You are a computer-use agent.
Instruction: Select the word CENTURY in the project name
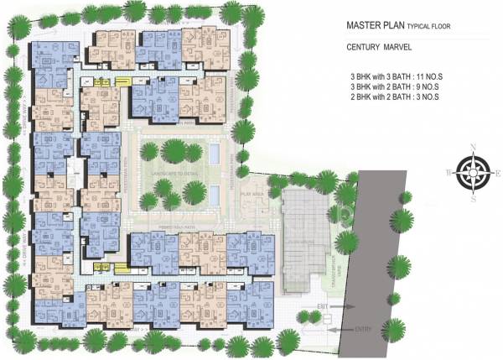click(x=365, y=48)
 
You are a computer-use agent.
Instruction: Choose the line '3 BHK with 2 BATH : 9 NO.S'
click(x=397, y=86)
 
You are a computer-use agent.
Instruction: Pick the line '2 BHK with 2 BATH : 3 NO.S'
click(x=397, y=98)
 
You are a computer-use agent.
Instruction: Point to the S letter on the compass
click(x=474, y=200)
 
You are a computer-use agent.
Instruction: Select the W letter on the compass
click(x=449, y=173)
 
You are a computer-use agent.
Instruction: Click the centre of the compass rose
click(x=474, y=174)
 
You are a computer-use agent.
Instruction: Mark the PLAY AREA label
click(x=254, y=192)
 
